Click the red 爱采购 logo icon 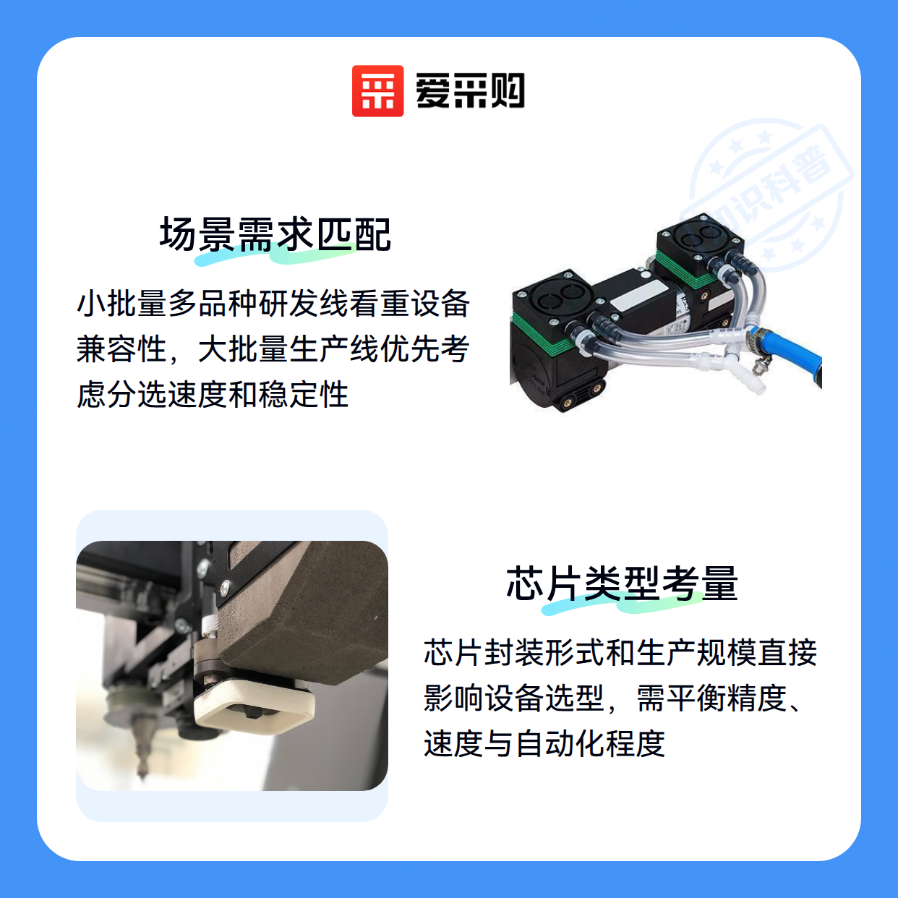click(x=377, y=91)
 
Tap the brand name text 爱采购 click(x=470, y=91)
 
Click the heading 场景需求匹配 click(x=275, y=234)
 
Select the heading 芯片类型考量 click(x=622, y=583)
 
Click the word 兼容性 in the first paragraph click(x=121, y=348)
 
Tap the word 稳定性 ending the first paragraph click(x=304, y=394)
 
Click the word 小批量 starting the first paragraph click(x=121, y=303)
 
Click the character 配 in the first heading click(x=372, y=234)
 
